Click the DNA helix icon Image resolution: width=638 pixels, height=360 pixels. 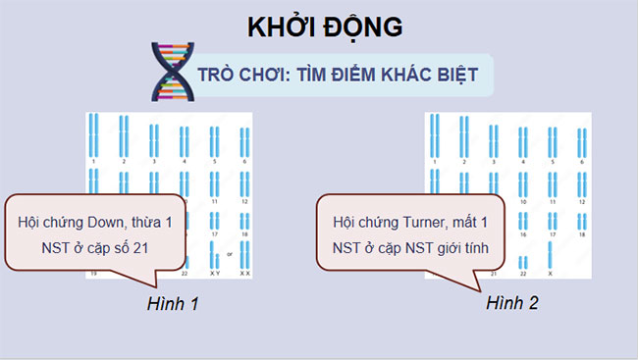click(171, 73)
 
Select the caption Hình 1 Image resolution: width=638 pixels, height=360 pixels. click(173, 304)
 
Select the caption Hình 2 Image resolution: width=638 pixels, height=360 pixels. click(511, 304)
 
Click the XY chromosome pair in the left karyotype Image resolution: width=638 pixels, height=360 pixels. click(213, 254)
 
